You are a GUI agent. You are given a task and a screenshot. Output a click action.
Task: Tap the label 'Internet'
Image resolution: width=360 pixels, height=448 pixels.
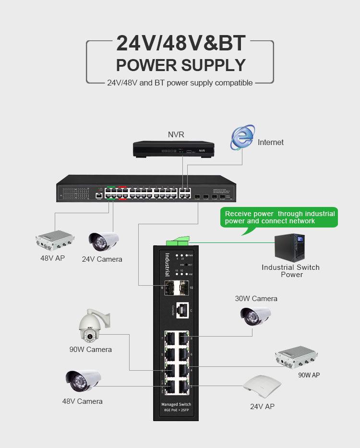coord(271,142)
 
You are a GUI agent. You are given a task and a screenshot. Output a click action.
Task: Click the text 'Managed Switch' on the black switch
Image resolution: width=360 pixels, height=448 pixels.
coord(176,404)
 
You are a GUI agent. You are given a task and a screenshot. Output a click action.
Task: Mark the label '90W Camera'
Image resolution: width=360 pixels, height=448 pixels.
coord(90,350)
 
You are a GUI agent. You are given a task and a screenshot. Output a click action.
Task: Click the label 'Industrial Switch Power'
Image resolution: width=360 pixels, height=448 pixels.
coord(290,271)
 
